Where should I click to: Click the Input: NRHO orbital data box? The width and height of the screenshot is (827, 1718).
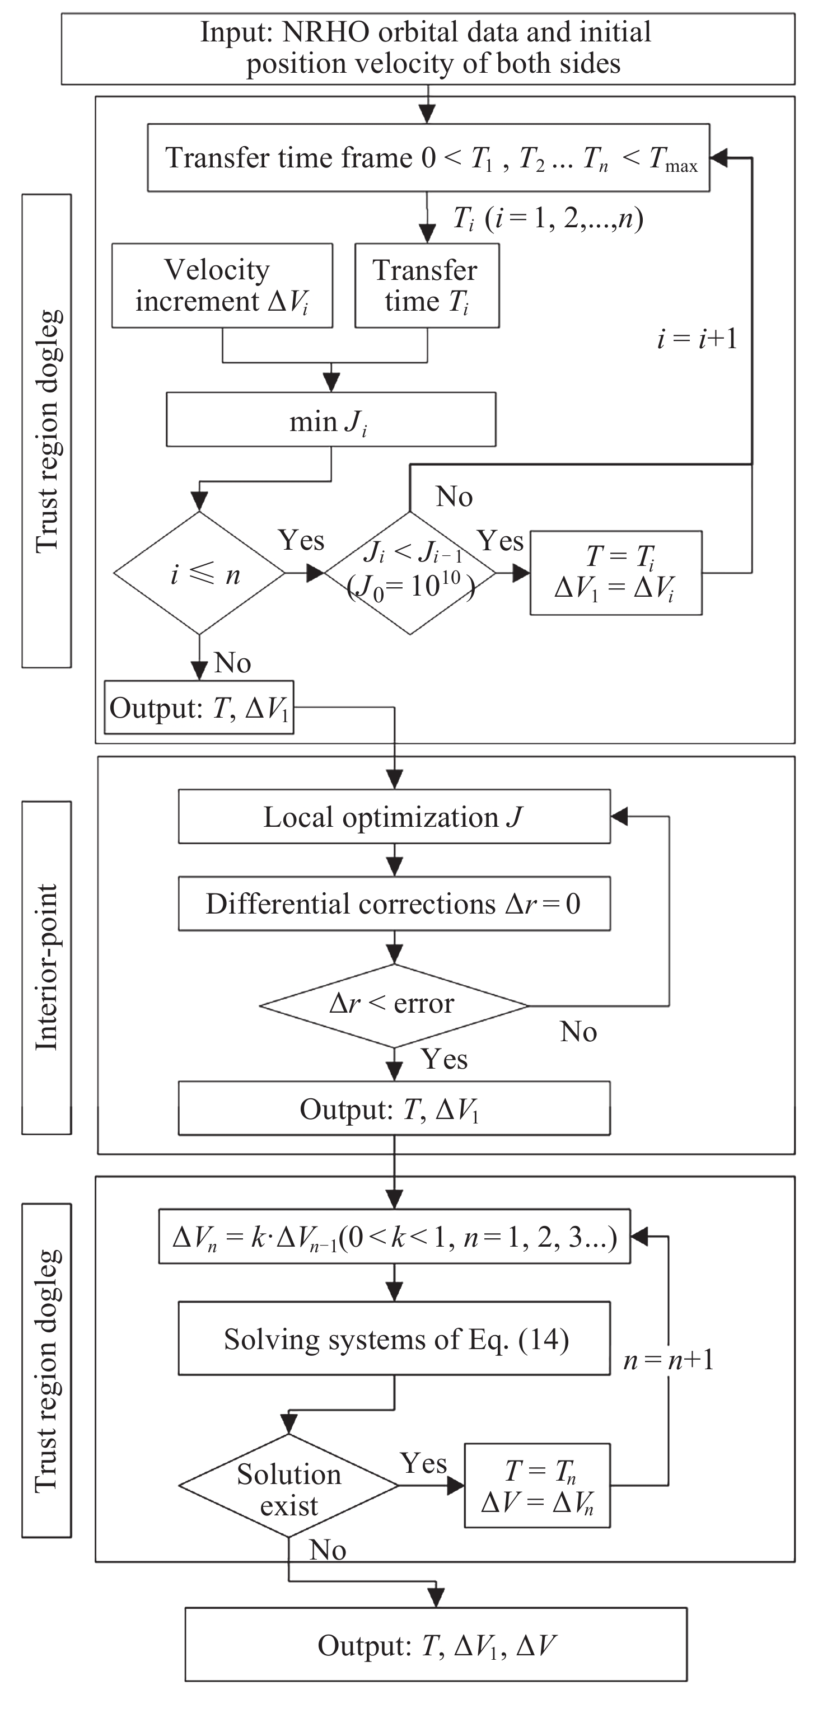(428, 49)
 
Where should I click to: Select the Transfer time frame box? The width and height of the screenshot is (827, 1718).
(428, 158)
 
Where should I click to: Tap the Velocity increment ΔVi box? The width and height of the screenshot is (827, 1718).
(222, 285)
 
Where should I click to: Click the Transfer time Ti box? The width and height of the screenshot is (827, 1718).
(427, 285)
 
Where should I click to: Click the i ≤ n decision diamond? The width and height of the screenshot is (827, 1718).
(199, 573)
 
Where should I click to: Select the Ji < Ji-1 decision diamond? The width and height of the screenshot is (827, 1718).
(409, 573)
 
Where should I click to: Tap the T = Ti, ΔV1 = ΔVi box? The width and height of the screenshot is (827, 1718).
(615, 573)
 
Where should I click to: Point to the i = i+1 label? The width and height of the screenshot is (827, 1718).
(697, 339)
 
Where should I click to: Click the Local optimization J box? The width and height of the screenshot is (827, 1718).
(394, 817)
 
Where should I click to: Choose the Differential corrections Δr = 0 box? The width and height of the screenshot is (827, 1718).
(394, 904)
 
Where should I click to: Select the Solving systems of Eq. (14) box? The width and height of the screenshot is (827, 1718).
(394, 1339)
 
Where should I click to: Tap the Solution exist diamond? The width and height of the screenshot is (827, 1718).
(289, 1486)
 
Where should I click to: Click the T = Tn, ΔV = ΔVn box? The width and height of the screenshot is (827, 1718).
(537, 1486)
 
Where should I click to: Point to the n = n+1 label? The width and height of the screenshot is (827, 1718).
(669, 1359)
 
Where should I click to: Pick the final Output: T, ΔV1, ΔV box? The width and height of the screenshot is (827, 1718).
(436, 1645)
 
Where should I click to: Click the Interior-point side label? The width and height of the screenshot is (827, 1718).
(46, 967)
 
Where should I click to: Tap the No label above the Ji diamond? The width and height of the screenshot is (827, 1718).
(454, 497)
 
